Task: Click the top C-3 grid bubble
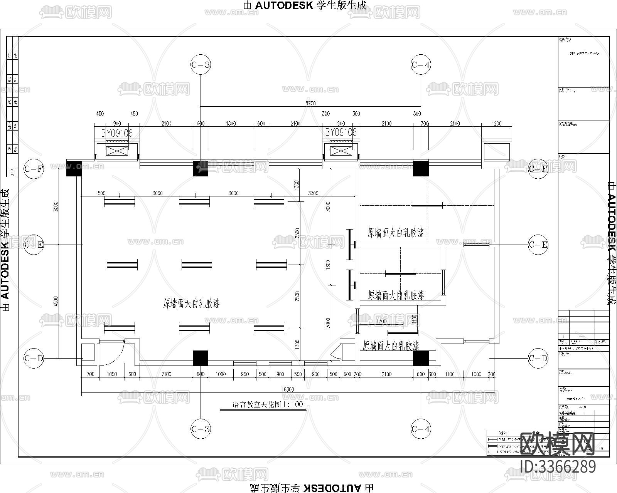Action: tap(201, 65)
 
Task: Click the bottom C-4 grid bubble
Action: tap(420, 429)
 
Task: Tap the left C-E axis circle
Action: tap(34, 245)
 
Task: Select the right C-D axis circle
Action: tap(538, 359)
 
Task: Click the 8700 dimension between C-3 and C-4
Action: tap(310, 103)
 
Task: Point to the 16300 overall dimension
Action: tap(288, 389)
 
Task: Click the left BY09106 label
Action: tap(117, 133)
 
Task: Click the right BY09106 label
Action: tap(341, 132)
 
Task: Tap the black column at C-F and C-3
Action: tap(201, 168)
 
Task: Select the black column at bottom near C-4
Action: tap(421, 358)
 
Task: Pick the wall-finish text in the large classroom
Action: tap(191, 304)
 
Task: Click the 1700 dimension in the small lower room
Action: tap(381, 321)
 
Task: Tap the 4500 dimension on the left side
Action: tap(56, 301)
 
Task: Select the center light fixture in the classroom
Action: tap(197, 265)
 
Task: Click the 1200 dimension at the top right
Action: tap(496, 124)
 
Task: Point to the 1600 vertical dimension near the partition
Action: tap(328, 265)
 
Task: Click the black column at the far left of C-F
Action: tap(74, 168)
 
